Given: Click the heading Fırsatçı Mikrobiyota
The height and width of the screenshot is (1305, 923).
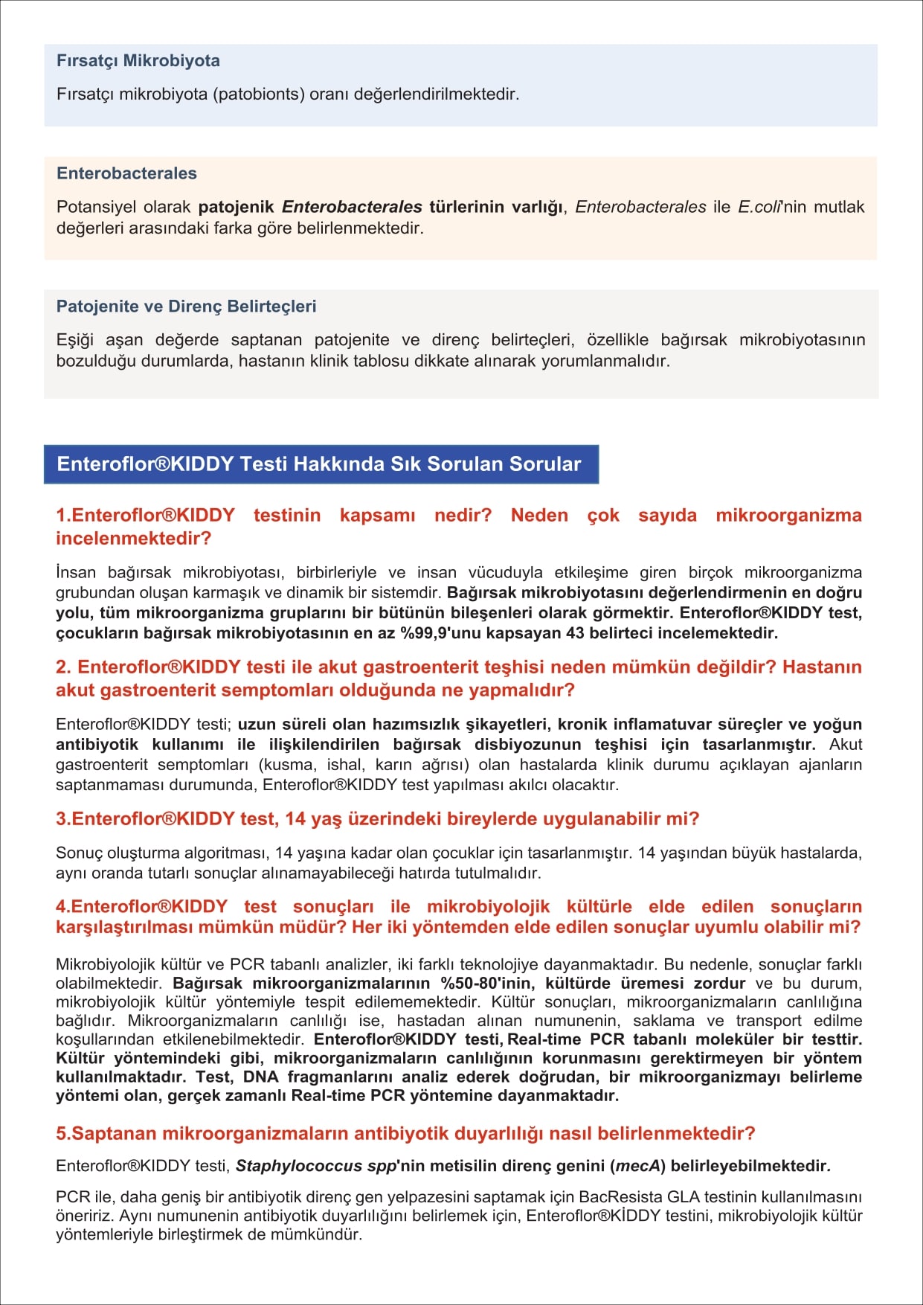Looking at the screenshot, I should pos(138,61).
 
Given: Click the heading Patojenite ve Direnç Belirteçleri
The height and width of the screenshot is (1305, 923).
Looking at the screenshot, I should pos(186,307).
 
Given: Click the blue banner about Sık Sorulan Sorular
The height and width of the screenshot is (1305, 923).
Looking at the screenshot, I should pos(320,464).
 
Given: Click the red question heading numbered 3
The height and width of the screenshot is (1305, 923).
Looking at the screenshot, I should pos(377,819).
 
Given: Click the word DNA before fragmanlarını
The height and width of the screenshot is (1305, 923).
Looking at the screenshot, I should pos(260,1077).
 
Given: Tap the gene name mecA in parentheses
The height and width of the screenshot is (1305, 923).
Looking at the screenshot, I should pos(637,1166).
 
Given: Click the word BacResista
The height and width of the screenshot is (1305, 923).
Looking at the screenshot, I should pos(620,1197).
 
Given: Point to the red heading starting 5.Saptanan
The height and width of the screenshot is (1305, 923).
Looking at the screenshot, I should pos(405,1134).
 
